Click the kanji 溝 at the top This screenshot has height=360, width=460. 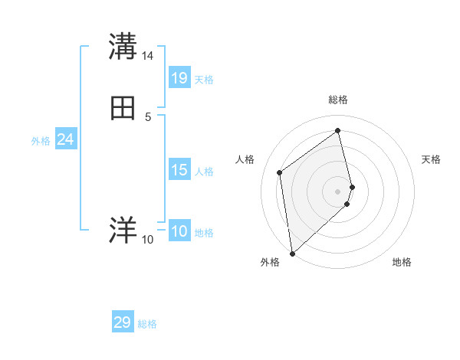coord(123,47)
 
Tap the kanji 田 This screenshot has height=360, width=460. coord(123,108)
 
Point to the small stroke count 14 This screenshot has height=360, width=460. coord(148,56)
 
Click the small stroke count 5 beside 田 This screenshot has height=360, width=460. coord(148,116)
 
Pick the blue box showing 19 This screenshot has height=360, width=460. coord(179,77)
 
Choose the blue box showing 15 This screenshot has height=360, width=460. coord(179,170)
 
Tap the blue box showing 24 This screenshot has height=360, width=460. coord(65,139)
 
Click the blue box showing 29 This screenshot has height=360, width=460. coord(123,322)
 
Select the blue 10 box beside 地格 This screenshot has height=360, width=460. coord(179,231)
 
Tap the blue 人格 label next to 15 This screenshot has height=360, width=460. coord(205,172)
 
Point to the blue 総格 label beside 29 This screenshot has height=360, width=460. coord(148,325)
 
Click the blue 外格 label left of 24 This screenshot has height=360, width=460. coord(41,141)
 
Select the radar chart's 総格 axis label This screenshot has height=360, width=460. coord(338,100)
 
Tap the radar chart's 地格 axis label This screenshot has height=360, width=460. coord(402,263)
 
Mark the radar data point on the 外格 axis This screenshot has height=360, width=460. coord(291,253)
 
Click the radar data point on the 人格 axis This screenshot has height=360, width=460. coord(280,172)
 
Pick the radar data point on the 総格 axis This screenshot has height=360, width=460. coord(338,130)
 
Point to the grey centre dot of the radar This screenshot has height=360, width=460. coord(338,191)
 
